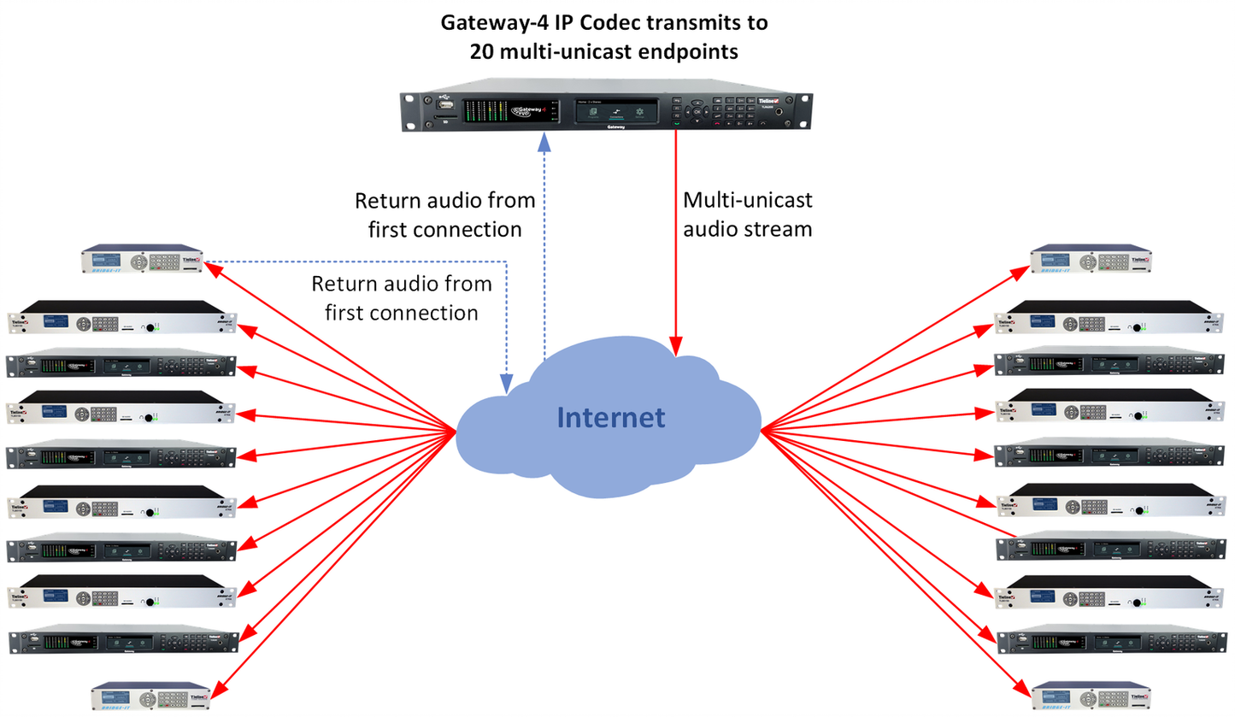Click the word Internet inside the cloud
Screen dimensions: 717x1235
point(610,417)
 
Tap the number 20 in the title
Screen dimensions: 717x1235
point(481,50)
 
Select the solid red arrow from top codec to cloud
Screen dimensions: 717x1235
point(677,239)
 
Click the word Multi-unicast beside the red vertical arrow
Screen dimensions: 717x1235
point(748,202)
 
